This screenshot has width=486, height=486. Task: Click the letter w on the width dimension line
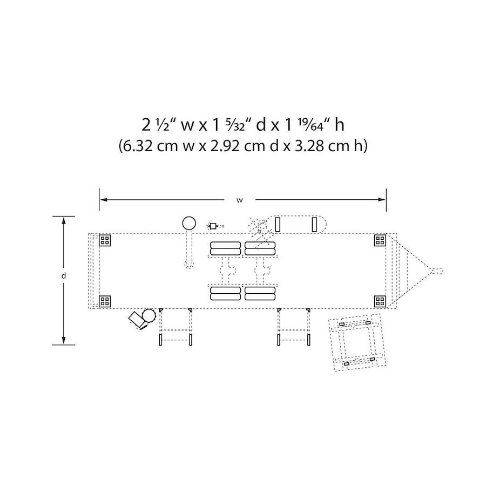240,200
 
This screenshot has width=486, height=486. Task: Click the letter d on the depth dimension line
64,275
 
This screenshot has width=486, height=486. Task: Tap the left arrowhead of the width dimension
104,200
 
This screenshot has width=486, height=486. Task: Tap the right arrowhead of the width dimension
382,200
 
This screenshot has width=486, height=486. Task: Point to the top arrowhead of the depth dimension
64,220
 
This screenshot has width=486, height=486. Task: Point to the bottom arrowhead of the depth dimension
64,340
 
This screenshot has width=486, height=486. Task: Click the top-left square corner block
105,240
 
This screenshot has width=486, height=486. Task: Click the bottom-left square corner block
105,301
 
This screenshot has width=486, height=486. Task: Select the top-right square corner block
380,240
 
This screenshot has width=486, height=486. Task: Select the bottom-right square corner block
380,301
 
